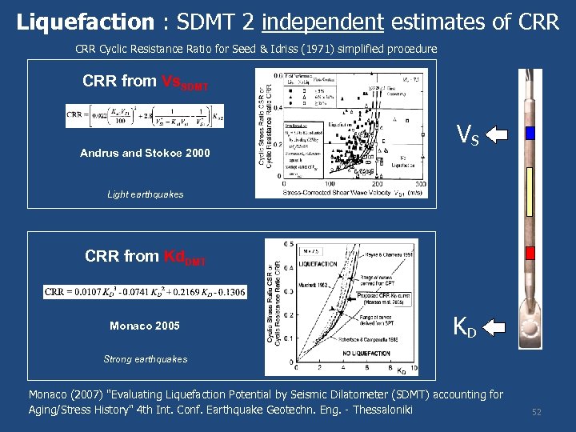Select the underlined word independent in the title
322,22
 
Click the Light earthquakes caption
145,194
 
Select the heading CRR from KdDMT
146,257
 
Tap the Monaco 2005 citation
145,326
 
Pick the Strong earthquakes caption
145,359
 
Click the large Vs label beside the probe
467,135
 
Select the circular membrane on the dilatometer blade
530,327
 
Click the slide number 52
537,411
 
